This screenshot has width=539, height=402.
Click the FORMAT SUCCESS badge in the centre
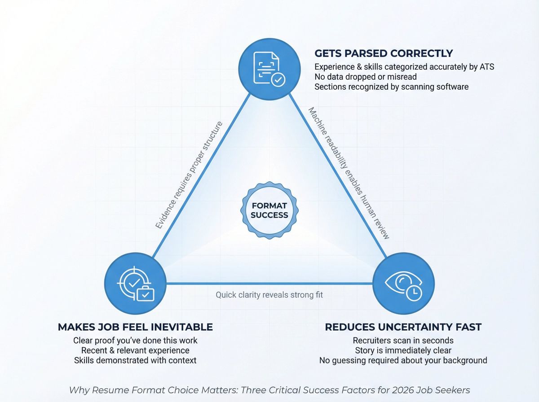click(269, 210)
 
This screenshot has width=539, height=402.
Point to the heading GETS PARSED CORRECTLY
click(384, 53)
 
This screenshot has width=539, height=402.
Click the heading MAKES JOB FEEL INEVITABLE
click(135, 327)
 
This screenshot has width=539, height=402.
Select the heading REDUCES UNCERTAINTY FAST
click(403, 327)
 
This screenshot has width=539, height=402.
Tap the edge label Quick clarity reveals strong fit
click(269, 295)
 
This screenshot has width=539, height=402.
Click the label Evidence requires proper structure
click(190, 175)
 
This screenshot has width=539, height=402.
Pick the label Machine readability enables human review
click(348, 173)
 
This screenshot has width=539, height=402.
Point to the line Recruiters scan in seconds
click(403, 340)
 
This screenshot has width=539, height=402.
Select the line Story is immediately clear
click(403, 350)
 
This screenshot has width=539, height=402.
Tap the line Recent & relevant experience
click(135, 350)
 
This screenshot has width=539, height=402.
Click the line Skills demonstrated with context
click(135, 360)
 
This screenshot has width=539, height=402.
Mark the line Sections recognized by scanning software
click(391, 87)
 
